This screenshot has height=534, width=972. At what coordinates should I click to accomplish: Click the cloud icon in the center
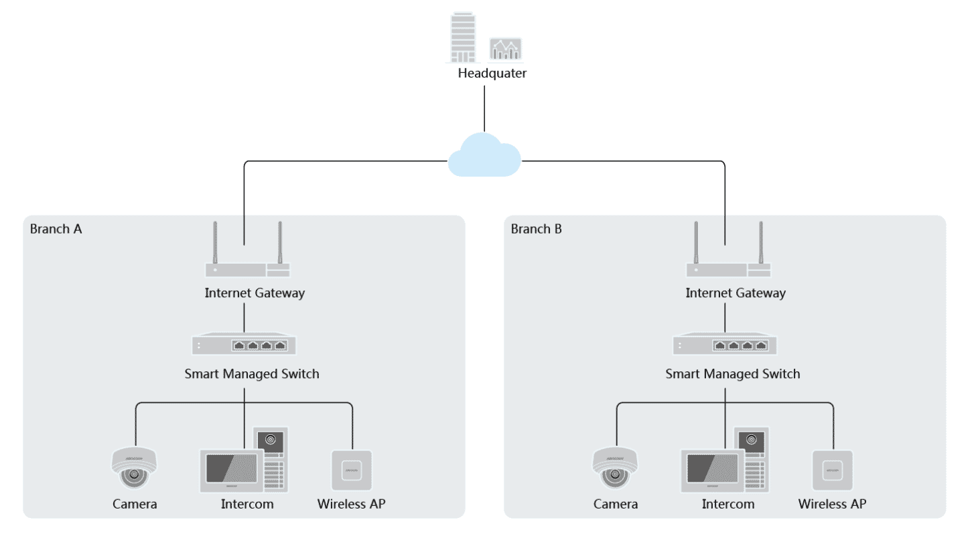[x=484, y=156]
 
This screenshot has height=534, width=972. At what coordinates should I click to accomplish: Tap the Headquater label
[x=492, y=73]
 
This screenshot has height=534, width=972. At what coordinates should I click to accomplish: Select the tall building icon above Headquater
[x=463, y=37]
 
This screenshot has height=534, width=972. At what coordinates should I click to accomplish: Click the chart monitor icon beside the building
[x=506, y=49]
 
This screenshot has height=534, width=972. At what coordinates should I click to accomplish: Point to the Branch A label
[x=56, y=229]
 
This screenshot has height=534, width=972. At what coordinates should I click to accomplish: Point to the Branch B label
[x=537, y=229]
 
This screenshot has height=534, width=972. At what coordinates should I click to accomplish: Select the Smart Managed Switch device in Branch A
[x=244, y=344]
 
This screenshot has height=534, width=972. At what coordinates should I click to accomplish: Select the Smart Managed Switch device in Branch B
[x=725, y=344]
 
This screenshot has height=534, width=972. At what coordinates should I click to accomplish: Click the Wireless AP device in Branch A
[x=352, y=470]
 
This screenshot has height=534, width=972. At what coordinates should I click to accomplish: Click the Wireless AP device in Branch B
[x=832, y=470]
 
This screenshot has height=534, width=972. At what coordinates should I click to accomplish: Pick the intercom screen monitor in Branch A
[x=232, y=470]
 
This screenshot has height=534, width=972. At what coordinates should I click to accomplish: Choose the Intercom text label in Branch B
[x=728, y=504]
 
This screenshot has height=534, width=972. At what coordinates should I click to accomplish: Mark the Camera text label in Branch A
[x=135, y=504]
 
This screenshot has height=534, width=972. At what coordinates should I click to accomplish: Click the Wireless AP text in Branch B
[x=832, y=504]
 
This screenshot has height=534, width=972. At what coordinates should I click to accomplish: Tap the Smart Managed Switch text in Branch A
[x=252, y=374]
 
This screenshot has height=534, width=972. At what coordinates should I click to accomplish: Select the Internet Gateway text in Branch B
[x=736, y=293]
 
